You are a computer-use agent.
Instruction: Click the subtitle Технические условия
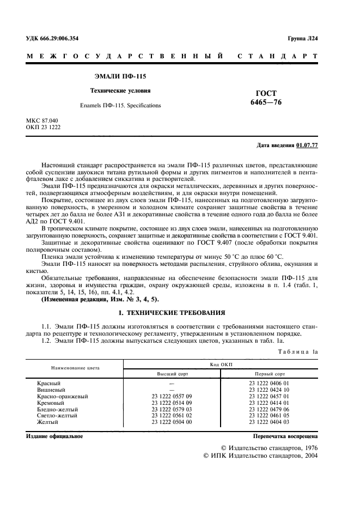[120, 90]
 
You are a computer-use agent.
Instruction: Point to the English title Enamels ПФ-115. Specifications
[120, 105]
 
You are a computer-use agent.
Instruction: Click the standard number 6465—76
[266, 102]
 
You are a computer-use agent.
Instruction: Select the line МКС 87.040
[42, 120]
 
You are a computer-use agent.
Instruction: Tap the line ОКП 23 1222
[44, 127]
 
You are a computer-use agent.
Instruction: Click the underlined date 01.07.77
[308, 145]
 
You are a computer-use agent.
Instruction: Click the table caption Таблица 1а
[298, 353]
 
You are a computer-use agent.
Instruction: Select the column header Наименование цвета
[76, 368]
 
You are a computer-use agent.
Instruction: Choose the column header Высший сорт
[171, 375]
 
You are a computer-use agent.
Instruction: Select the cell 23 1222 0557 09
[171, 397]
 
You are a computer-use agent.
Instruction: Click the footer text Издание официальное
[54, 436]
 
